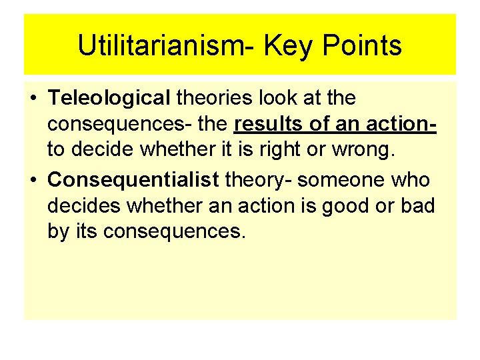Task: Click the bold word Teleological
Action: click(x=109, y=99)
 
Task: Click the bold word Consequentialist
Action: click(x=133, y=180)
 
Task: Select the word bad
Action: click(x=418, y=206)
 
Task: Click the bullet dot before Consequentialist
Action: click(x=33, y=181)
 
